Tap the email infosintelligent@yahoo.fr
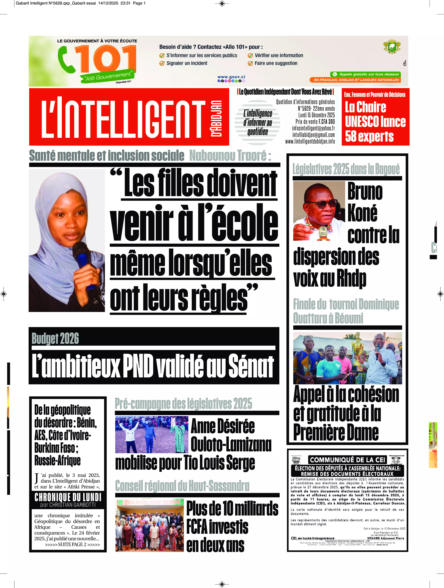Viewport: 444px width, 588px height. [313, 128]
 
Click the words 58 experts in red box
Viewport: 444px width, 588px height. [369, 136]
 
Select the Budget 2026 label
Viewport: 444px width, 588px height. [55, 338]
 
